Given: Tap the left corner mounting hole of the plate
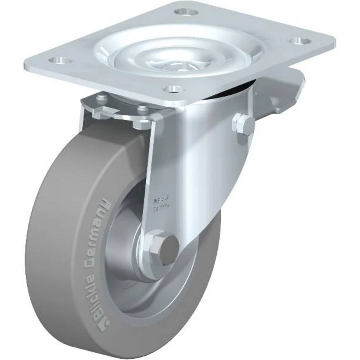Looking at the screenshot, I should click(58, 60).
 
